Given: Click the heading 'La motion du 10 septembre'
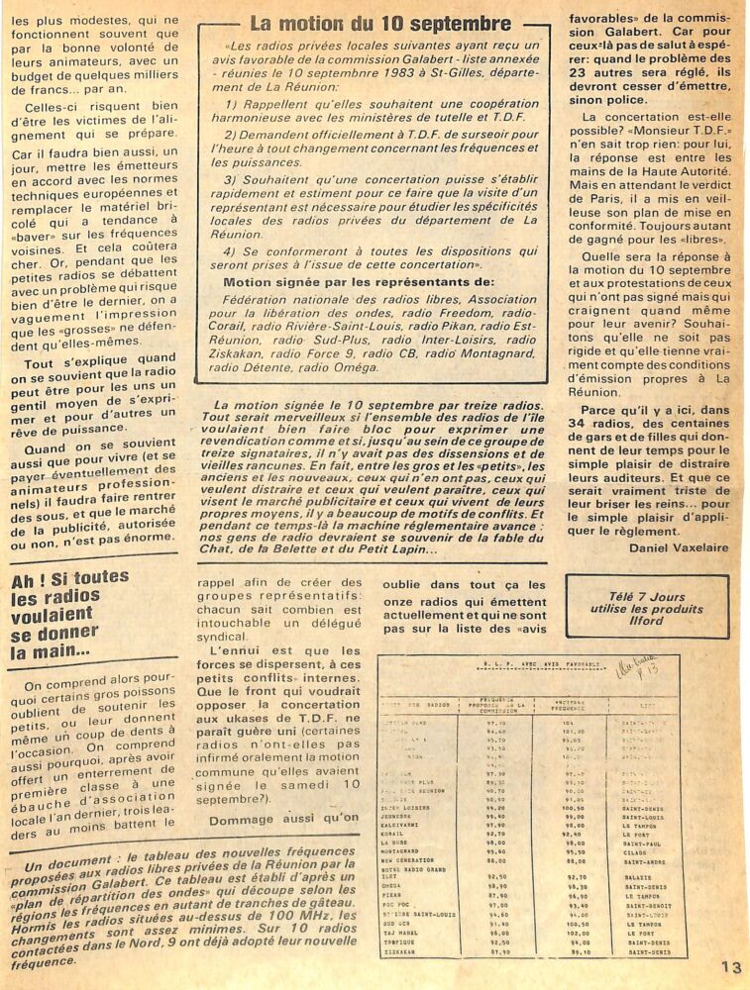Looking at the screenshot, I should click(380, 23).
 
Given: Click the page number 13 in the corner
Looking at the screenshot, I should click(731, 967).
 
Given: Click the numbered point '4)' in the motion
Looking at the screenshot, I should click(231, 250).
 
